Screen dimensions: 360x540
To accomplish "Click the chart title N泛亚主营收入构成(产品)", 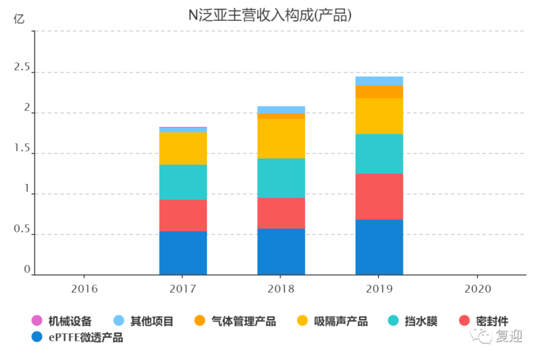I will tap(269, 16).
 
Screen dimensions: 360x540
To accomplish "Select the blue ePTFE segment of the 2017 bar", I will tap(183, 253).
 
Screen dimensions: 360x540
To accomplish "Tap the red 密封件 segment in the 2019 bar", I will tap(379, 196).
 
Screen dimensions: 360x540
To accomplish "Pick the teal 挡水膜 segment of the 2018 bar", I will tap(281, 178).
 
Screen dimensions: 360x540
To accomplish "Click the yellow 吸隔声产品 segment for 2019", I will tap(379, 116).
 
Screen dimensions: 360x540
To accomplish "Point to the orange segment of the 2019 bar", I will tap(379, 91).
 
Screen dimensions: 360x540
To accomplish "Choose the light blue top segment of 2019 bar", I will tap(379, 81).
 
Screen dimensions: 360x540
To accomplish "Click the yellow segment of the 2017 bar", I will tap(183, 148).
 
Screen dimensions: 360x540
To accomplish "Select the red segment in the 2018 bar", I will tap(281, 213).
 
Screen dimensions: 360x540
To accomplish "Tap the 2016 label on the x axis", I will tap(85, 289).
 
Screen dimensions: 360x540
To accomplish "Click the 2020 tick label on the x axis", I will tap(477, 289).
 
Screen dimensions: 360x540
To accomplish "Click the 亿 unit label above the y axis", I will tap(19, 19).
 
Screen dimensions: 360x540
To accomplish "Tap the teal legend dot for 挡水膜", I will tap(394, 322).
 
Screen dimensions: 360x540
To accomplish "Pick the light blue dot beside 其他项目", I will tap(119, 322).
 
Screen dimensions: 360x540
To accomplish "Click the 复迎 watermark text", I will tap(509, 337).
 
